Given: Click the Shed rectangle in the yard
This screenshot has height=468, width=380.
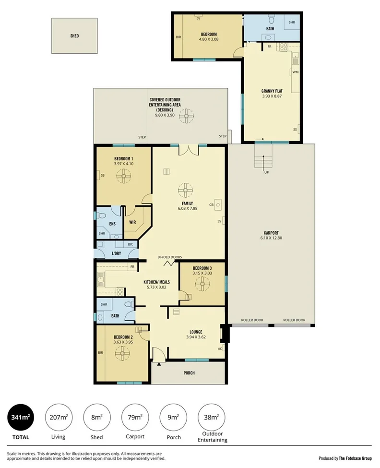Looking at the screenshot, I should pyautogui.click(x=74, y=36).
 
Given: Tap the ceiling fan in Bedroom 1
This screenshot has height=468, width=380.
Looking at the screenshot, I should pyautogui.click(x=123, y=177).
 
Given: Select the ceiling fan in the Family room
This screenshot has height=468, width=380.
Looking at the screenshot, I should pyautogui.click(x=184, y=190).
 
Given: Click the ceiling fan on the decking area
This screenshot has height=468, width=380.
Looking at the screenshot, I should pyautogui.click(x=185, y=116).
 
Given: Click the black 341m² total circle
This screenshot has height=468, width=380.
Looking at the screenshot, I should pyautogui.click(x=20, y=417).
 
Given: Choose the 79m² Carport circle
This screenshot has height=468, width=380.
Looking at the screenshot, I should pyautogui.click(x=135, y=417).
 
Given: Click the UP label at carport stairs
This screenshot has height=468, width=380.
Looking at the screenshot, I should pyautogui.click(x=266, y=172).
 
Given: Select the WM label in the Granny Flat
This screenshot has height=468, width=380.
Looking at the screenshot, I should pyautogui.click(x=295, y=72).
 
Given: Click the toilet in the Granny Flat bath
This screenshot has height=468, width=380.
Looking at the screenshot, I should pyautogui.click(x=271, y=20).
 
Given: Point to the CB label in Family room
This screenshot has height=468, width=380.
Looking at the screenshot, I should pyautogui.click(x=211, y=204).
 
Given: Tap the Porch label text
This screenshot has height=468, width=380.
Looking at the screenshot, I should pyautogui.click(x=189, y=372).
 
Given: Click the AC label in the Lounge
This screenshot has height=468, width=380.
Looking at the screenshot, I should pyautogui.click(x=220, y=348).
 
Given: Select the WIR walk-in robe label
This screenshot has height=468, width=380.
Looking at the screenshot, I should pyautogui.click(x=132, y=222).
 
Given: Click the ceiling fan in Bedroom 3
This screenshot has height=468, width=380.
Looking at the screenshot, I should pyautogui.click(x=202, y=284).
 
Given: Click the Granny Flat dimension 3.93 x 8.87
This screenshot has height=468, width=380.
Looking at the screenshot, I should pyautogui.click(x=272, y=96).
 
